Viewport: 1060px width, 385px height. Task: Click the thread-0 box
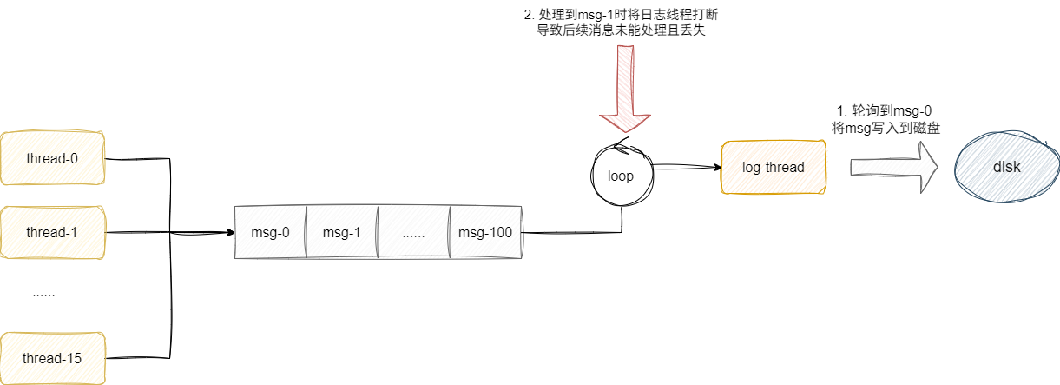pyautogui.click(x=53, y=158)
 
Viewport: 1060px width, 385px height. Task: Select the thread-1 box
pyautogui.click(x=53, y=233)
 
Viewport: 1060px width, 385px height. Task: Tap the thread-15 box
pyautogui.click(x=53, y=358)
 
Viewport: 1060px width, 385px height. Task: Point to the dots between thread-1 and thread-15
pyautogui.click(x=43, y=295)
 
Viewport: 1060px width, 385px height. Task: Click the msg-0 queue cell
pyautogui.click(x=270, y=233)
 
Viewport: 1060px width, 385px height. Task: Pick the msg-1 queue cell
pyautogui.click(x=341, y=233)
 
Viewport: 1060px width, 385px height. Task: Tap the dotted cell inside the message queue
pyautogui.click(x=413, y=233)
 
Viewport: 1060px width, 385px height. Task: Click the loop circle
pyautogui.click(x=621, y=175)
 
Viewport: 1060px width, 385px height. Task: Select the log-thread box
pyautogui.click(x=774, y=167)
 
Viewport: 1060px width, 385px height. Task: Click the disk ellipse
pyautogui.click(x=1007, y=167)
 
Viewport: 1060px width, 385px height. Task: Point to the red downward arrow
pyautogui.click(x=625, y=87)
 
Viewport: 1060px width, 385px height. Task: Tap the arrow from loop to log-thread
pyautogui.click(x=686, y=167)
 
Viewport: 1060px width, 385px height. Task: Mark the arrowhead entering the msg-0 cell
pyautogui.click(x=230, y=233)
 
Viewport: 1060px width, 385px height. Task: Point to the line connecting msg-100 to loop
pyautogui.click(x=573, y=233)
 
